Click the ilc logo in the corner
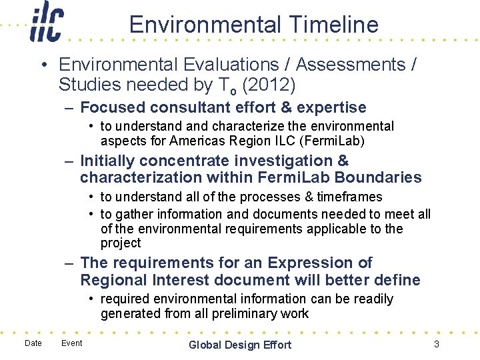click(47, 23)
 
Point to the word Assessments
click(350, 65)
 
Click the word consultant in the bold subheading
click(188, 107)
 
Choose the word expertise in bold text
click(331, 107)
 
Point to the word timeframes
click(349, 197)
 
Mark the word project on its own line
click(121, 243)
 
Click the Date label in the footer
click(33, 343)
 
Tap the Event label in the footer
click(71, 343)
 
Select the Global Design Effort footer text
click(240, 345)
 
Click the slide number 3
click(436, 344)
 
